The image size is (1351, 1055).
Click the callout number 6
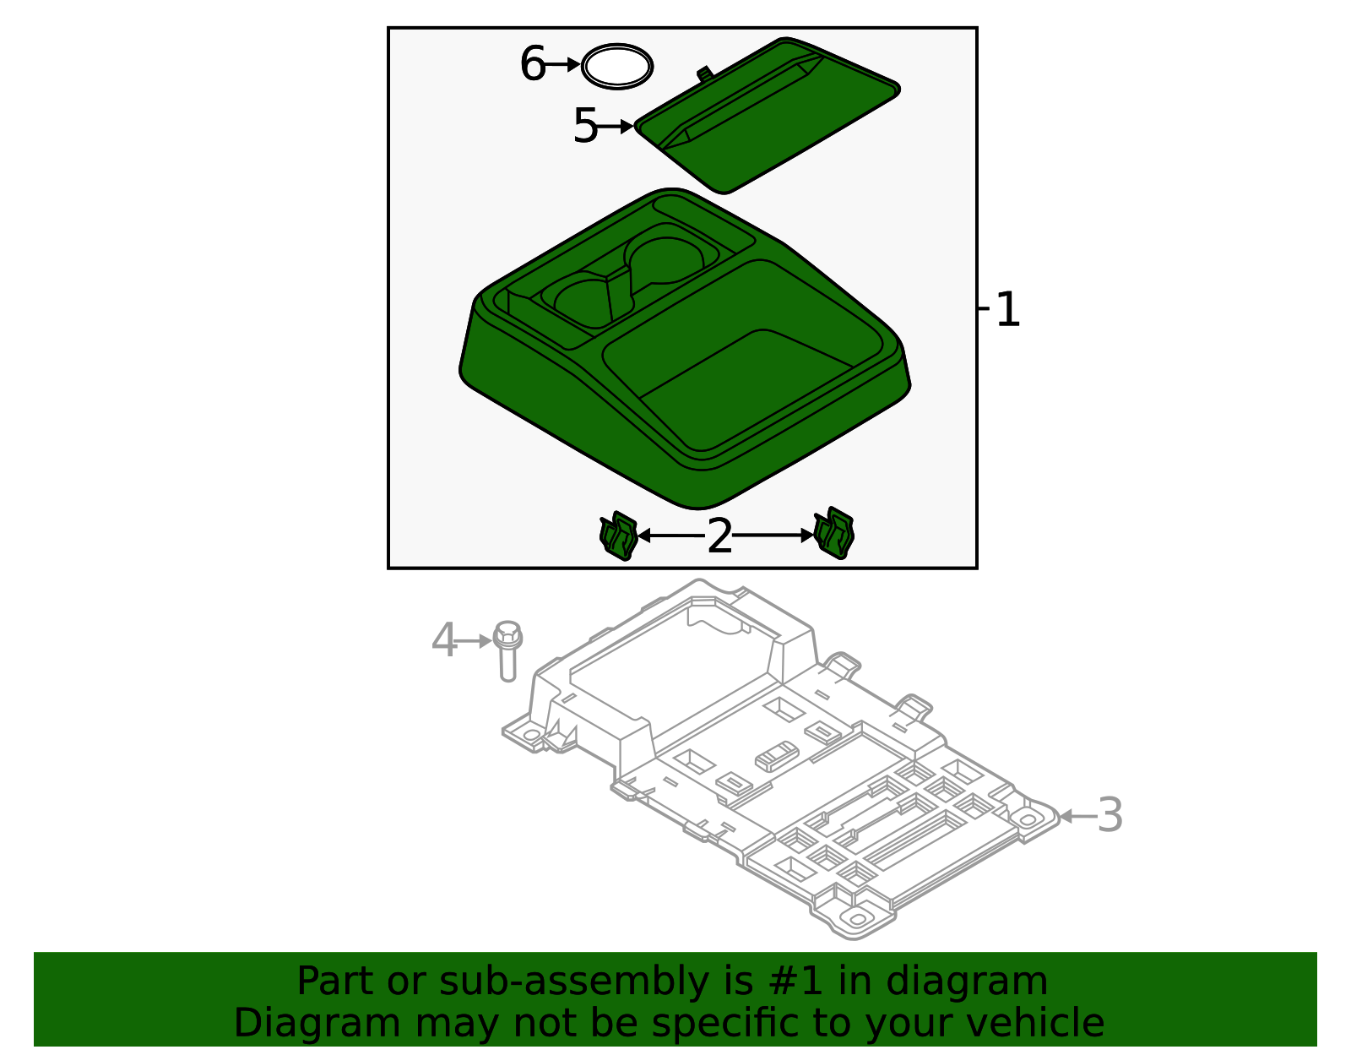click(x=533, y=64)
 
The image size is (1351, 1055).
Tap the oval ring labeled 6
click(x=617, y=66)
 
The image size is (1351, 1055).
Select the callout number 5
click(x=584, y=126)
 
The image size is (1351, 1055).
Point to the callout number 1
click(x=1008, y=310)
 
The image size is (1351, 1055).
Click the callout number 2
click(x=719, y=536)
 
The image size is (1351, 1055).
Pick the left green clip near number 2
click(x=618, y=536)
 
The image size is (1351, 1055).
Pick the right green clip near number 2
click(x=834, y=533)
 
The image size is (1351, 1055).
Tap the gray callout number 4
click(x=443, y=640)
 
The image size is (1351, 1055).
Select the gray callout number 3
click(x=1110, y=816)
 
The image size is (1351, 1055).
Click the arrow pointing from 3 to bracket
click(x=1077, y=816)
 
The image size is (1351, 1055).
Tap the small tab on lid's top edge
click(x=703, y=73)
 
